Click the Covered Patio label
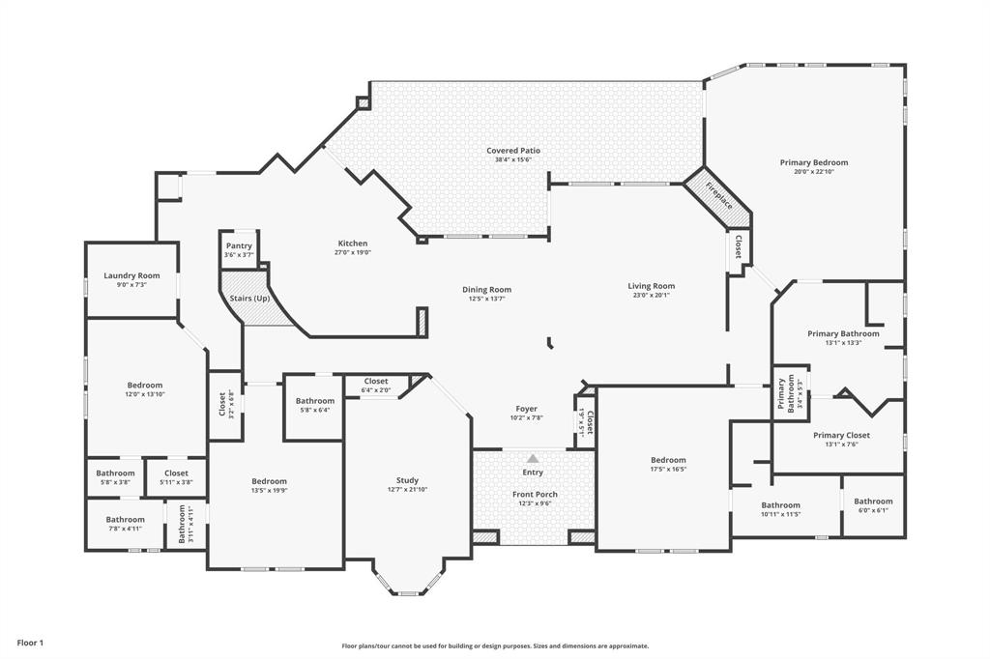(x=512, y=151)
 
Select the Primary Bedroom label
(x=813, y=163)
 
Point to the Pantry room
(x=239, y=250)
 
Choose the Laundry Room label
(x=131, y=276)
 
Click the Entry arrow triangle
(x=533, y=458)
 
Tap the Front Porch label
(x=535, y=495)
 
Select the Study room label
(x=407, y=480)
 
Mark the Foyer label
(x=526, y=409)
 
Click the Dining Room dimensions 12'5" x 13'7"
(x=486, y=300)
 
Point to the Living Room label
(x=651, y=286)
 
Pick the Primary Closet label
(x=840, y=436)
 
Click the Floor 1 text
(x=30, y=643)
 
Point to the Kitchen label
(x=352, y=244)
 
